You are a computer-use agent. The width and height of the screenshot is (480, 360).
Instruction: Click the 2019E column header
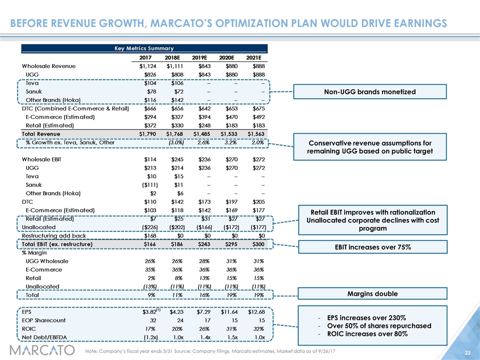(199, 57)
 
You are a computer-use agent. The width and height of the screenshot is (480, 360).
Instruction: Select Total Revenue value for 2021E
(256, 134)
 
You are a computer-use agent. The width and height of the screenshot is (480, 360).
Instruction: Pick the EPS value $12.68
(256, 312)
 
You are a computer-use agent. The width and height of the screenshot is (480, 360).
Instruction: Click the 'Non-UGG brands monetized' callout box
(370, 91)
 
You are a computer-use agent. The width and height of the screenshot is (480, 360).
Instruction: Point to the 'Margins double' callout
(372, 293)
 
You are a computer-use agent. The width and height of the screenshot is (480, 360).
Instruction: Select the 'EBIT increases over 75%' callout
(373, 247)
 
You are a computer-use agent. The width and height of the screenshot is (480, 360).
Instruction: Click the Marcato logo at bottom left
(42, 350)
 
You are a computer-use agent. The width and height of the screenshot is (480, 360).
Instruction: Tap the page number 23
(467, 352)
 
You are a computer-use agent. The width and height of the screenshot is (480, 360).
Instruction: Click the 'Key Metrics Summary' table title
(144, 48)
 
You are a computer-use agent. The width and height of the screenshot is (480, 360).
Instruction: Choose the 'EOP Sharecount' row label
(43, 320)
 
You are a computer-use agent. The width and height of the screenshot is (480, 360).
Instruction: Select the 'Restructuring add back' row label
(54, 235)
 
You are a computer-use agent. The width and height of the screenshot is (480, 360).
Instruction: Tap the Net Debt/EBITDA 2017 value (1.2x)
(150, 337)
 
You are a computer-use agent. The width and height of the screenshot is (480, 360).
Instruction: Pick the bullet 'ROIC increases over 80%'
(367, 333)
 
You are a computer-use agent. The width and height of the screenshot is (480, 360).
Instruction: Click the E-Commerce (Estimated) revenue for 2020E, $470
(231, 117)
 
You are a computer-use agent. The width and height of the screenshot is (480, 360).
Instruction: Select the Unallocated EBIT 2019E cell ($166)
(204, 227)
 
